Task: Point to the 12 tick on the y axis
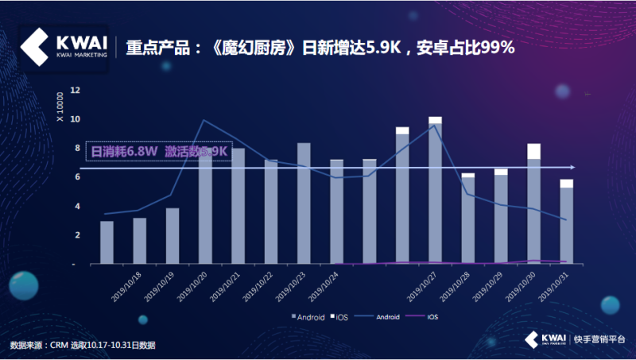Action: [76, 91]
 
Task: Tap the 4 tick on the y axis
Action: [76, 207]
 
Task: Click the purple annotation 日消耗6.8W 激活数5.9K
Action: [160, 151]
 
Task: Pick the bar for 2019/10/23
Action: [304, 203]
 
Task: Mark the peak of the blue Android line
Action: [205, 120]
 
